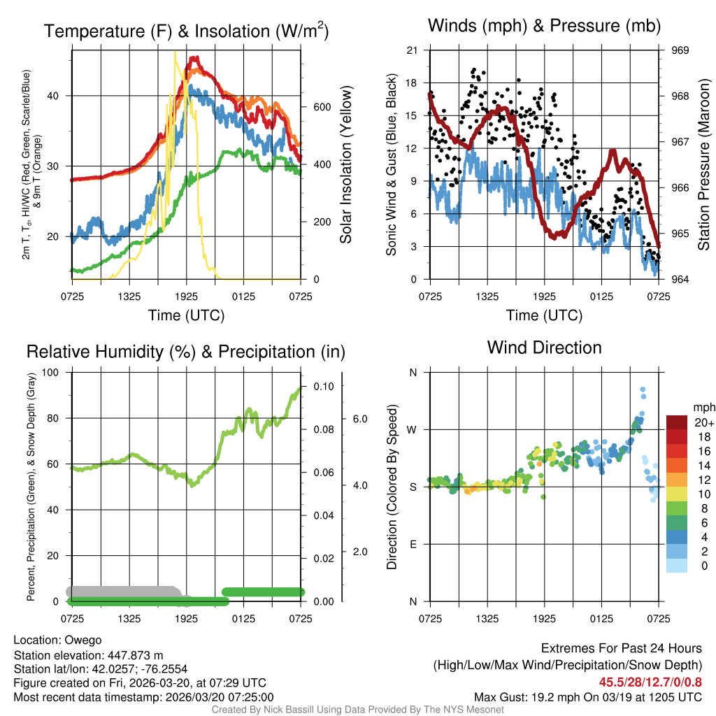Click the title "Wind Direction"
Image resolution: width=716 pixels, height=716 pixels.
[x=544, y=348]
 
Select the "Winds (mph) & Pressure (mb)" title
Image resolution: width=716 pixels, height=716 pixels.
[x=544, y=27]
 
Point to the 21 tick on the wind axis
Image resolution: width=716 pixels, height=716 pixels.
[x=411, y=50]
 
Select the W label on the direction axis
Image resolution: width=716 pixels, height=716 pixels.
[x=412, y=429]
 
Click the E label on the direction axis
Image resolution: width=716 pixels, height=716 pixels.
[x=413, y=544]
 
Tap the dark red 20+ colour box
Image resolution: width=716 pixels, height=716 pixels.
[x=677, y=422]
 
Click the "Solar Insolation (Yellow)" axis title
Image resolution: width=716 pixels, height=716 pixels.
[x=346, y=164]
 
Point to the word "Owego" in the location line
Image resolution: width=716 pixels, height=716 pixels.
[x=83, y=640]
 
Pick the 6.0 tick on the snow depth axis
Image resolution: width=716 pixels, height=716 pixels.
[x=359, y=419]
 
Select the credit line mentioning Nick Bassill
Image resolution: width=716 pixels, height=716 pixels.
[x=358, y=710]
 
